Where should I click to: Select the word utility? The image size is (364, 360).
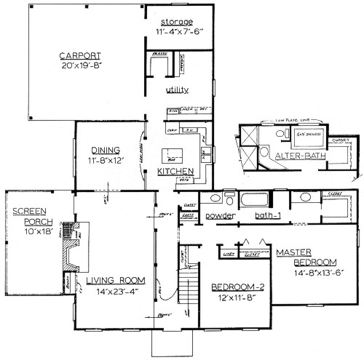tap(177, 90)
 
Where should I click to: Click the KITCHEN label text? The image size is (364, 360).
tap(175, 172)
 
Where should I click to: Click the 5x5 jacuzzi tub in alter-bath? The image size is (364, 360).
tap(308, 135)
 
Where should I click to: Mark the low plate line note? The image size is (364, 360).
tap(290, 121)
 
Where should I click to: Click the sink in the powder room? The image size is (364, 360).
tap(215, 199)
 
